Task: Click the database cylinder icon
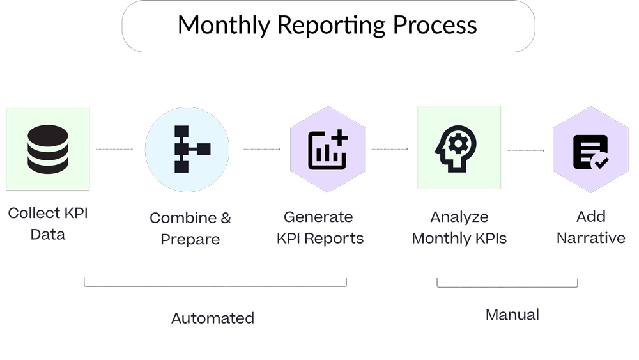[48, 148]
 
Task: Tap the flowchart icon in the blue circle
[187, 149]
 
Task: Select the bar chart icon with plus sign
[328, 150]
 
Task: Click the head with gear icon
[459, 149]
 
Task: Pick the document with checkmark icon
[591, 152]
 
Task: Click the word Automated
[213, 318]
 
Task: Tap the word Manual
[512, 315]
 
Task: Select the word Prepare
[190, 240]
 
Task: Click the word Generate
[318, 217]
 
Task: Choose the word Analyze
[459, 217]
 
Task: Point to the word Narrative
[591, 239]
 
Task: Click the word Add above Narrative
[591, 217]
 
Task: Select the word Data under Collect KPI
[49, 235]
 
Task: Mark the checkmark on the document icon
[601, 162]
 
